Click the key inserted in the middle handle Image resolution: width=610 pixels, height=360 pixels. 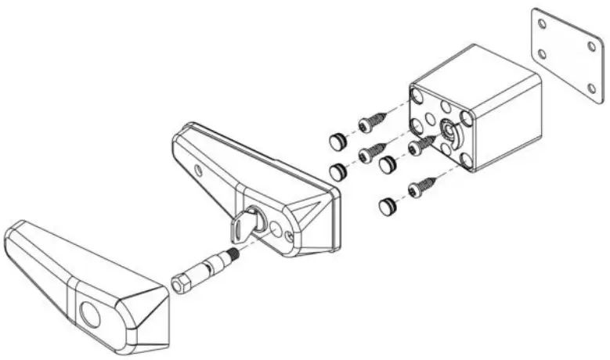[x=240, y=227]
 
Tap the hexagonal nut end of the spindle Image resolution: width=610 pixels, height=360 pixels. [x=179, y=283]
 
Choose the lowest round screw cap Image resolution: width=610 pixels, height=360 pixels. [x=386, y=207]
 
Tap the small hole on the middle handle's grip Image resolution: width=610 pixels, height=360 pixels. [x=200, y=167]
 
